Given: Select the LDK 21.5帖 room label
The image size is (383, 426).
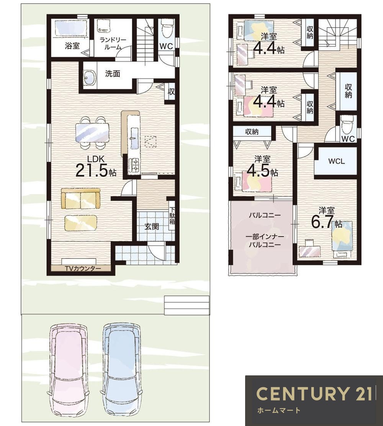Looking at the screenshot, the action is tap(95, 167).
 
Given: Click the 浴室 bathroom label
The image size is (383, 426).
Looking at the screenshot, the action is tap(72, 46).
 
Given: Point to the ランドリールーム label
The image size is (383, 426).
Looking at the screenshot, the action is tap(113, 43).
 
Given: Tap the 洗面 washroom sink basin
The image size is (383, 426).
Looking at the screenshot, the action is tap(89, 77).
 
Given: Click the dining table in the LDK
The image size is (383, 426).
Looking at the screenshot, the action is tap(92, 132).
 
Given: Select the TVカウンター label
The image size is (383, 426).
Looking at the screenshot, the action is tap(83, 269).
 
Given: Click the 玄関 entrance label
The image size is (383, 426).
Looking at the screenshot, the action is tap(151, 227).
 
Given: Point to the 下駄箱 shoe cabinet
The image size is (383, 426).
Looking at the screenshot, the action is tap(172, 216).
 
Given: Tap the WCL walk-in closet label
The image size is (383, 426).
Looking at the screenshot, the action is tap(336, 161).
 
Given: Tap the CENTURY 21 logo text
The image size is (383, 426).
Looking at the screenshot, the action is tap(314, 393).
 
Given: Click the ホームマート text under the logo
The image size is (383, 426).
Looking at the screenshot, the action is tap(279, 410).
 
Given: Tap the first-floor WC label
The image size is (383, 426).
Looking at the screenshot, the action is tap(166, 46).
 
